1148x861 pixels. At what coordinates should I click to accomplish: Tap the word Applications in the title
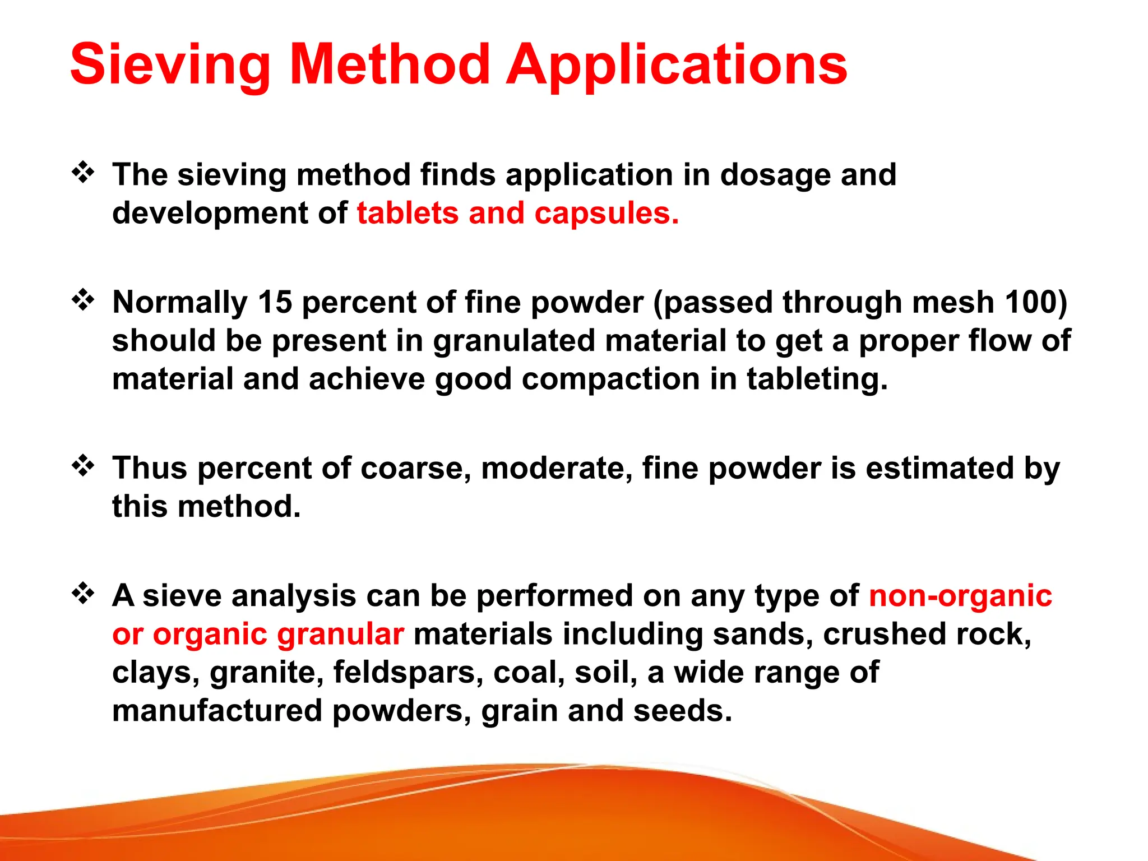[677, 66]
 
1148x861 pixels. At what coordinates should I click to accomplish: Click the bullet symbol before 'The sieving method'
[83, 173]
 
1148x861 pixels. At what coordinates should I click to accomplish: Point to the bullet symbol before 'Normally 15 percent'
[83, 300]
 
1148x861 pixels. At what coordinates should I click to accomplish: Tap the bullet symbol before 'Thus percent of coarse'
[83, 466]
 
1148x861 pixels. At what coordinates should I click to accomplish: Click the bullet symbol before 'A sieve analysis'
[83, 593]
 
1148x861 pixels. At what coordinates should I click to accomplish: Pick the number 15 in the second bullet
[275, 302]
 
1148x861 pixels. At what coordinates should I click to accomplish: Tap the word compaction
[610, 379]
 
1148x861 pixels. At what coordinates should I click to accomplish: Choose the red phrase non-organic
[960, 596]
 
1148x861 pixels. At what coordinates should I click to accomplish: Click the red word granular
[340, 634]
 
